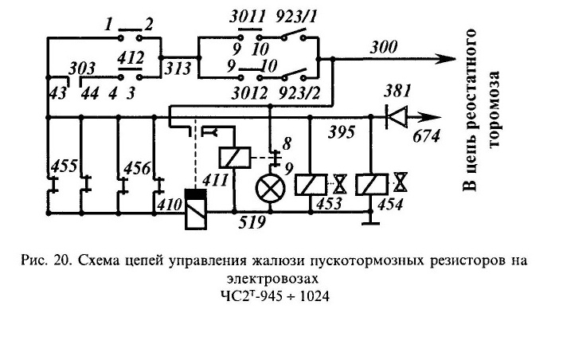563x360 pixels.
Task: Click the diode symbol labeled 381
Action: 397,117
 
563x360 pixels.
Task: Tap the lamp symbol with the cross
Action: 271,189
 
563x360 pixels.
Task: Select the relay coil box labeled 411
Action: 235,158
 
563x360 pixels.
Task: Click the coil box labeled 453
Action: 311,185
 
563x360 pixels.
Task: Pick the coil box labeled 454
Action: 372,185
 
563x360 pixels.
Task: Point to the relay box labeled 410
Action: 196,209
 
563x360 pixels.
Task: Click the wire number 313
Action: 178,68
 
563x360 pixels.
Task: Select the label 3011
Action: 248,17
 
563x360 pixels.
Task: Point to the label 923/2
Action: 299,93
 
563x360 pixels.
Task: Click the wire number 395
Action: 342,131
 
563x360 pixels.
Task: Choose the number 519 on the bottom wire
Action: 252,222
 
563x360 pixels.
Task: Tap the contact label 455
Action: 65,166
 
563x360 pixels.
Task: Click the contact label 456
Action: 137,167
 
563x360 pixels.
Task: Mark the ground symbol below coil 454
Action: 371,218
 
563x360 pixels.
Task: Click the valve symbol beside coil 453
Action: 339,184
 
